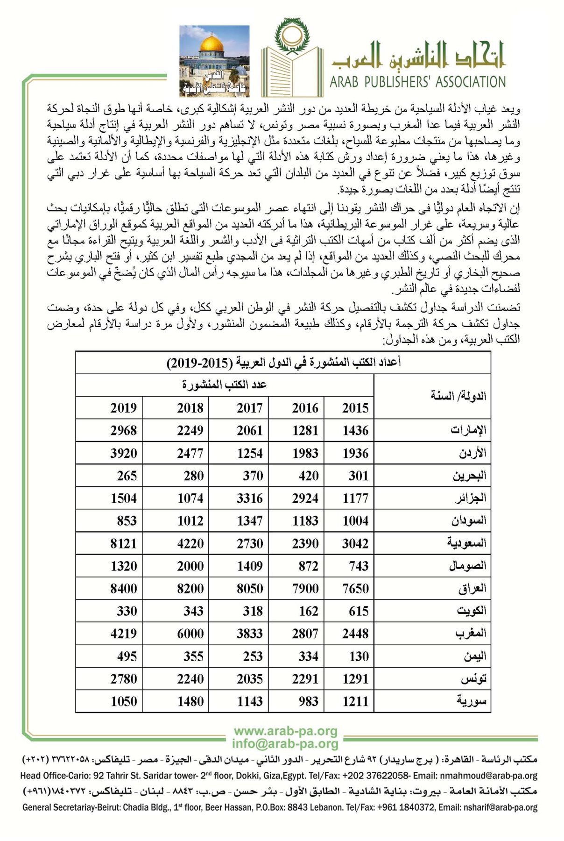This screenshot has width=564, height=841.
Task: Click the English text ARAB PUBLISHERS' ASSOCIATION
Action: pos(417,82)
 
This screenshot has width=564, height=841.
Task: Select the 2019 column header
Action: pos(123,408)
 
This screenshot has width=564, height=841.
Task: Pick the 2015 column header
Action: pos(355,408)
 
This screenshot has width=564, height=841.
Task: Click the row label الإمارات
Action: pos(468,430)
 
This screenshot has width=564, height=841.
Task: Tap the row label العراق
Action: pos(472,588)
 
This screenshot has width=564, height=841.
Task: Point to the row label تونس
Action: pos(473,678)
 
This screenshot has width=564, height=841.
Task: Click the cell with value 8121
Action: pos(123,543)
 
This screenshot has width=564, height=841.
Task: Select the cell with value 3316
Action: pos(250,498)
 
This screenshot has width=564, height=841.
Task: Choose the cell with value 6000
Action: pos(190,634)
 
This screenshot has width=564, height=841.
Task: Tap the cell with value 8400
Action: pos(123,588)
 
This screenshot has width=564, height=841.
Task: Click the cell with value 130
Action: pos(359,656)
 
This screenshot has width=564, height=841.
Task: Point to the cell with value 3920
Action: pos(123,453)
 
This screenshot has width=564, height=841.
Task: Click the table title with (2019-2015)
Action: pos(283,363)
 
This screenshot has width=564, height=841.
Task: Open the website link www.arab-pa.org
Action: pos(285,731)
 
